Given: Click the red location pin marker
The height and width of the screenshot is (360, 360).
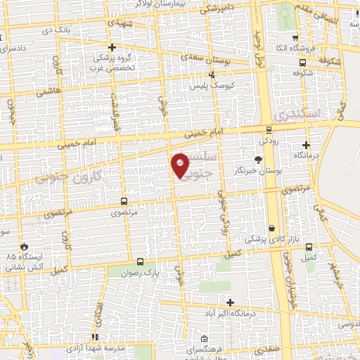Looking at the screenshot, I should [180, 167].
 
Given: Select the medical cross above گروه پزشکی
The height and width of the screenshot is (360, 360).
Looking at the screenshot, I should [112, 46].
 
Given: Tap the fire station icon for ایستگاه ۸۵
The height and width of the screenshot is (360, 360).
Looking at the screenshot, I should [26, 247].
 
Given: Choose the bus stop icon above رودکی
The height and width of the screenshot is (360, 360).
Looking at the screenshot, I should [268, 129].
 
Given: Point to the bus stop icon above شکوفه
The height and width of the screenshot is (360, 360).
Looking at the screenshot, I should [302, 61].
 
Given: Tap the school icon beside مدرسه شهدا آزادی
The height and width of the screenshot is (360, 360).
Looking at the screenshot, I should [94, 337].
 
